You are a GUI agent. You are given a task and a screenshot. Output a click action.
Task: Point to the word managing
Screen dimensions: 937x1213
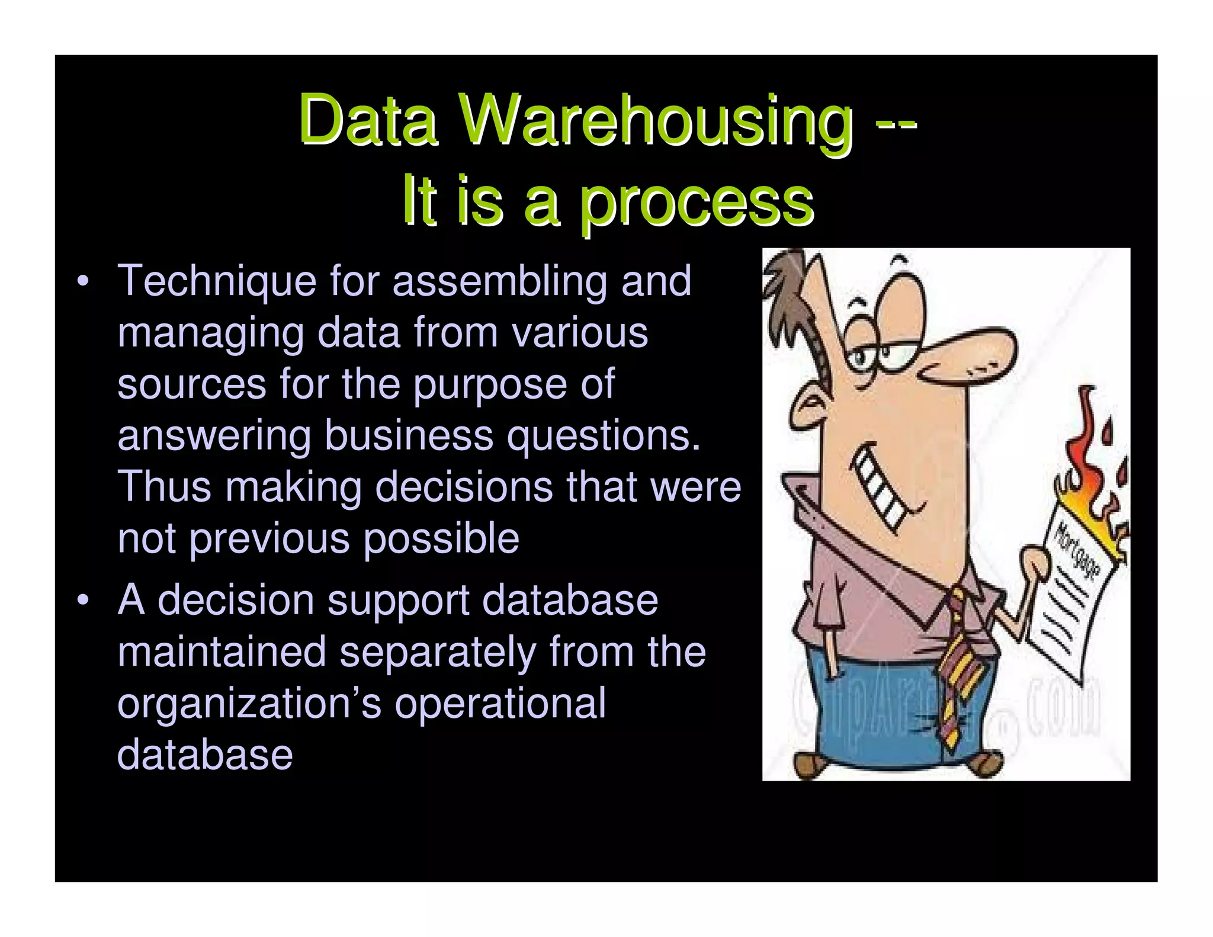point(210,333)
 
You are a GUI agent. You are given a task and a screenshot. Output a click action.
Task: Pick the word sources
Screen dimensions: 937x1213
point(191,384)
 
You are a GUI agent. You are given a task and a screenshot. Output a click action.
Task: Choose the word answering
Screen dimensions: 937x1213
point(214,435)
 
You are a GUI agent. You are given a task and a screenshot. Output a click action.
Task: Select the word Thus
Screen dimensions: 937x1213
point(164,487)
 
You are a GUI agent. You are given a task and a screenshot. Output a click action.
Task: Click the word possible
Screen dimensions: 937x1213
point(441,539)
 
